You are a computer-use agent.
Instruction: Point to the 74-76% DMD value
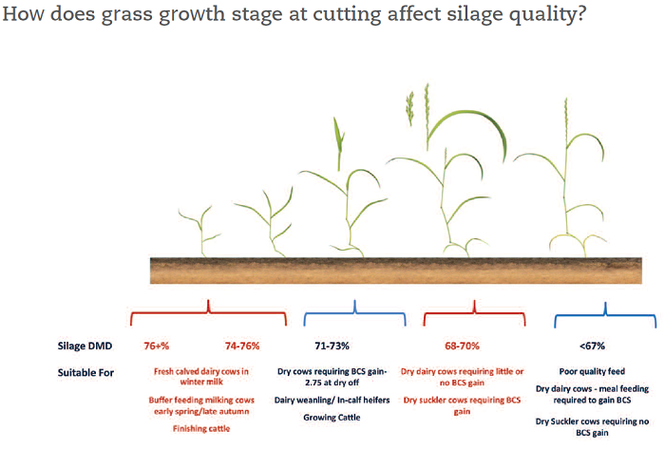241,346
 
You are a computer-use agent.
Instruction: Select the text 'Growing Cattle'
333,416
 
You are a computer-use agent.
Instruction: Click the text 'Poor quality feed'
589,372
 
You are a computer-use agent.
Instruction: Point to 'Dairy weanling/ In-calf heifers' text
333,400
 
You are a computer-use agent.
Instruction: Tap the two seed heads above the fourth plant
419,104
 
